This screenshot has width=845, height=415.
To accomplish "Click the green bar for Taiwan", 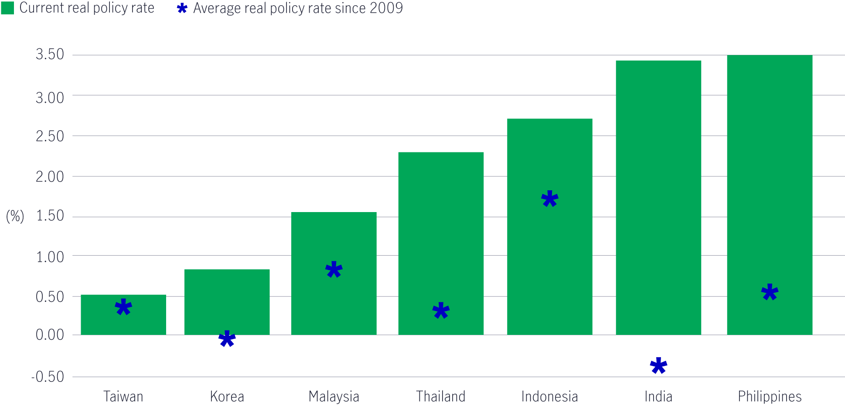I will (123, 322).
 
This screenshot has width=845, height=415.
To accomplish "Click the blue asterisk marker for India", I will (658, 366).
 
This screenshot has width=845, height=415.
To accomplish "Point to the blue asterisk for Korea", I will (227, 339).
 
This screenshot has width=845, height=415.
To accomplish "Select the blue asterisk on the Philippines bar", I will (770, 292).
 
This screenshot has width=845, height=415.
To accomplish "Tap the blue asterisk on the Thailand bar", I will (441, 311).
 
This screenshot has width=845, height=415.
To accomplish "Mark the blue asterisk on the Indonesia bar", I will (549, 199).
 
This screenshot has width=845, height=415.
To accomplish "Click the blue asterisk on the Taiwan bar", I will (123, 307).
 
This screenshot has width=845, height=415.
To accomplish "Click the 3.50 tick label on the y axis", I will (50, 54).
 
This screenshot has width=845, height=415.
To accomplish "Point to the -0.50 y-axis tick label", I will (48, 377).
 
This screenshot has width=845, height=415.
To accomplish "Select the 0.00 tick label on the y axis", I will (50, 335).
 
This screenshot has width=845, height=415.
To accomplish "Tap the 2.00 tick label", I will (50, 177).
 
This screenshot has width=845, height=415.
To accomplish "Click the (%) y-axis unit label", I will (15, 216).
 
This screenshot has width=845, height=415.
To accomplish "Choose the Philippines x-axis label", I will (770, 397).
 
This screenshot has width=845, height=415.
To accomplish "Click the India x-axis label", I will (658, 397).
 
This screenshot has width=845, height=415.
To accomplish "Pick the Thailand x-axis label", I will (440, 397).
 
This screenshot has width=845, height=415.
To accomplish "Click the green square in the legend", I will (7, 8).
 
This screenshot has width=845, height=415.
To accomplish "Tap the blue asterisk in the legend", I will (182, 8).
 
